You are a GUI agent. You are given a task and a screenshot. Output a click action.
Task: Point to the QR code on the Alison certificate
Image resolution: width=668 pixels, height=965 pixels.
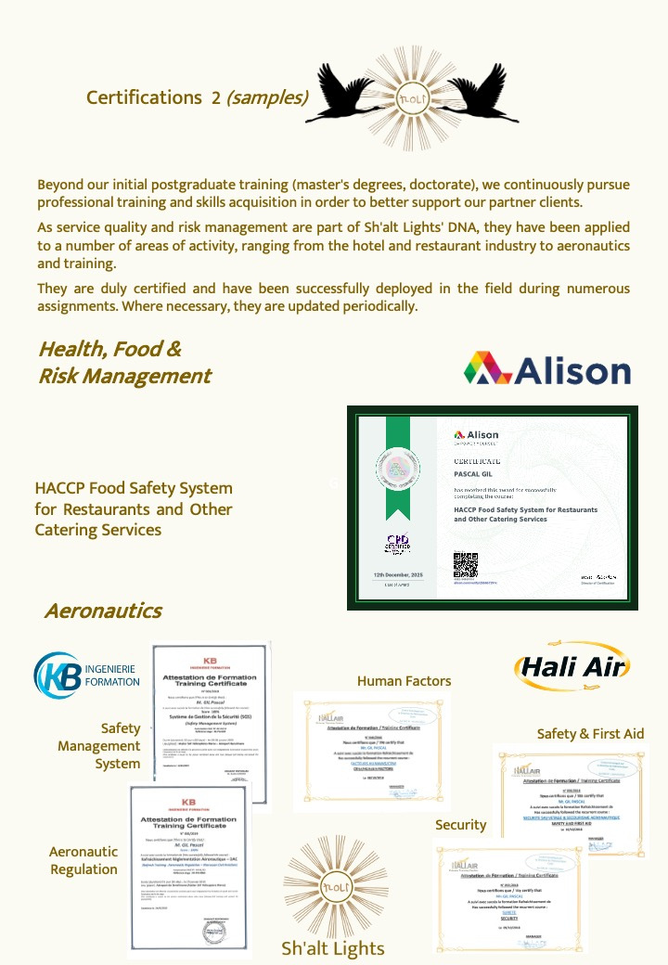coord(465,564)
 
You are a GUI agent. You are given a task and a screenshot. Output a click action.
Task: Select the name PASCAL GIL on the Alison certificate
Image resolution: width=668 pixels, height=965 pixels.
coord(475,475)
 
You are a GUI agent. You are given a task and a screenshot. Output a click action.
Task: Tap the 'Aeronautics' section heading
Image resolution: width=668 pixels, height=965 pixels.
coord(103,611)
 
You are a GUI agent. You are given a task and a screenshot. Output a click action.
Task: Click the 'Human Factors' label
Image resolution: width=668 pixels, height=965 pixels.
coord(404,681)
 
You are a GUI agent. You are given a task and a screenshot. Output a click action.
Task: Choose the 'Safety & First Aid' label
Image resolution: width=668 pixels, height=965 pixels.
coord(590,734)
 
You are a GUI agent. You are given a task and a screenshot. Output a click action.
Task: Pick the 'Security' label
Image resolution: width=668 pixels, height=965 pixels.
coord(461,825)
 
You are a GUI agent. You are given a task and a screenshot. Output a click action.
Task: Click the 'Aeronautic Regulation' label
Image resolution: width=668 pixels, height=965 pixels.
coord(83,860)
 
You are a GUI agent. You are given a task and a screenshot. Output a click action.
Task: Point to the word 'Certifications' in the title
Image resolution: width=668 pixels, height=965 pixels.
coord(143,97)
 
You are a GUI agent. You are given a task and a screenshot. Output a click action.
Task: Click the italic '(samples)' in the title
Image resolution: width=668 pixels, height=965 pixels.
coord(266,97)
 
